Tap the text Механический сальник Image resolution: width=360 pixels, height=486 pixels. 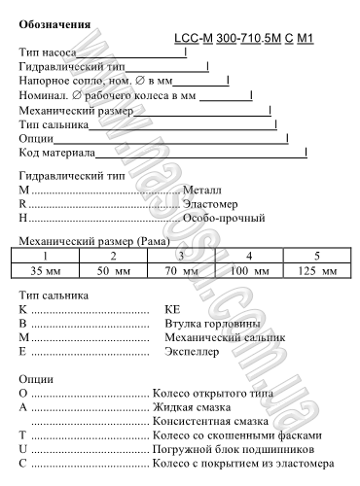220,335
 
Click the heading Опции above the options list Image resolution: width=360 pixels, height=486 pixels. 37,377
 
